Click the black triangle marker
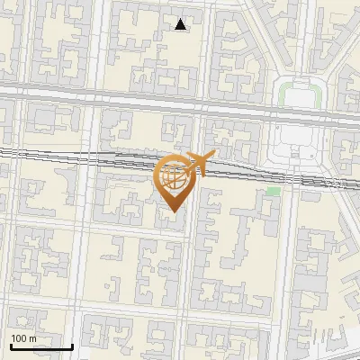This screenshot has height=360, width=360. (x=181, y=25)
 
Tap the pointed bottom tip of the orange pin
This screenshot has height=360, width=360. (x=171, y=213)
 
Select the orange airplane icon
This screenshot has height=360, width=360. (x=198, y=164)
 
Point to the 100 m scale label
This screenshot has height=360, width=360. (x=23, y=338)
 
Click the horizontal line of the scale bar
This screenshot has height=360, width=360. (x=41, y=346)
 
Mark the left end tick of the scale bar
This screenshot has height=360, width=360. (x=11, y=345)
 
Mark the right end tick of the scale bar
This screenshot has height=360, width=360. (x=72, y=345)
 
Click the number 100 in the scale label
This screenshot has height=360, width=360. (x=19, y=338)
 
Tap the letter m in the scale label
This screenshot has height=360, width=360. (x=32, y=338)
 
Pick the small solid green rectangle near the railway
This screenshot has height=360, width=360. (x=273, y=191)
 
